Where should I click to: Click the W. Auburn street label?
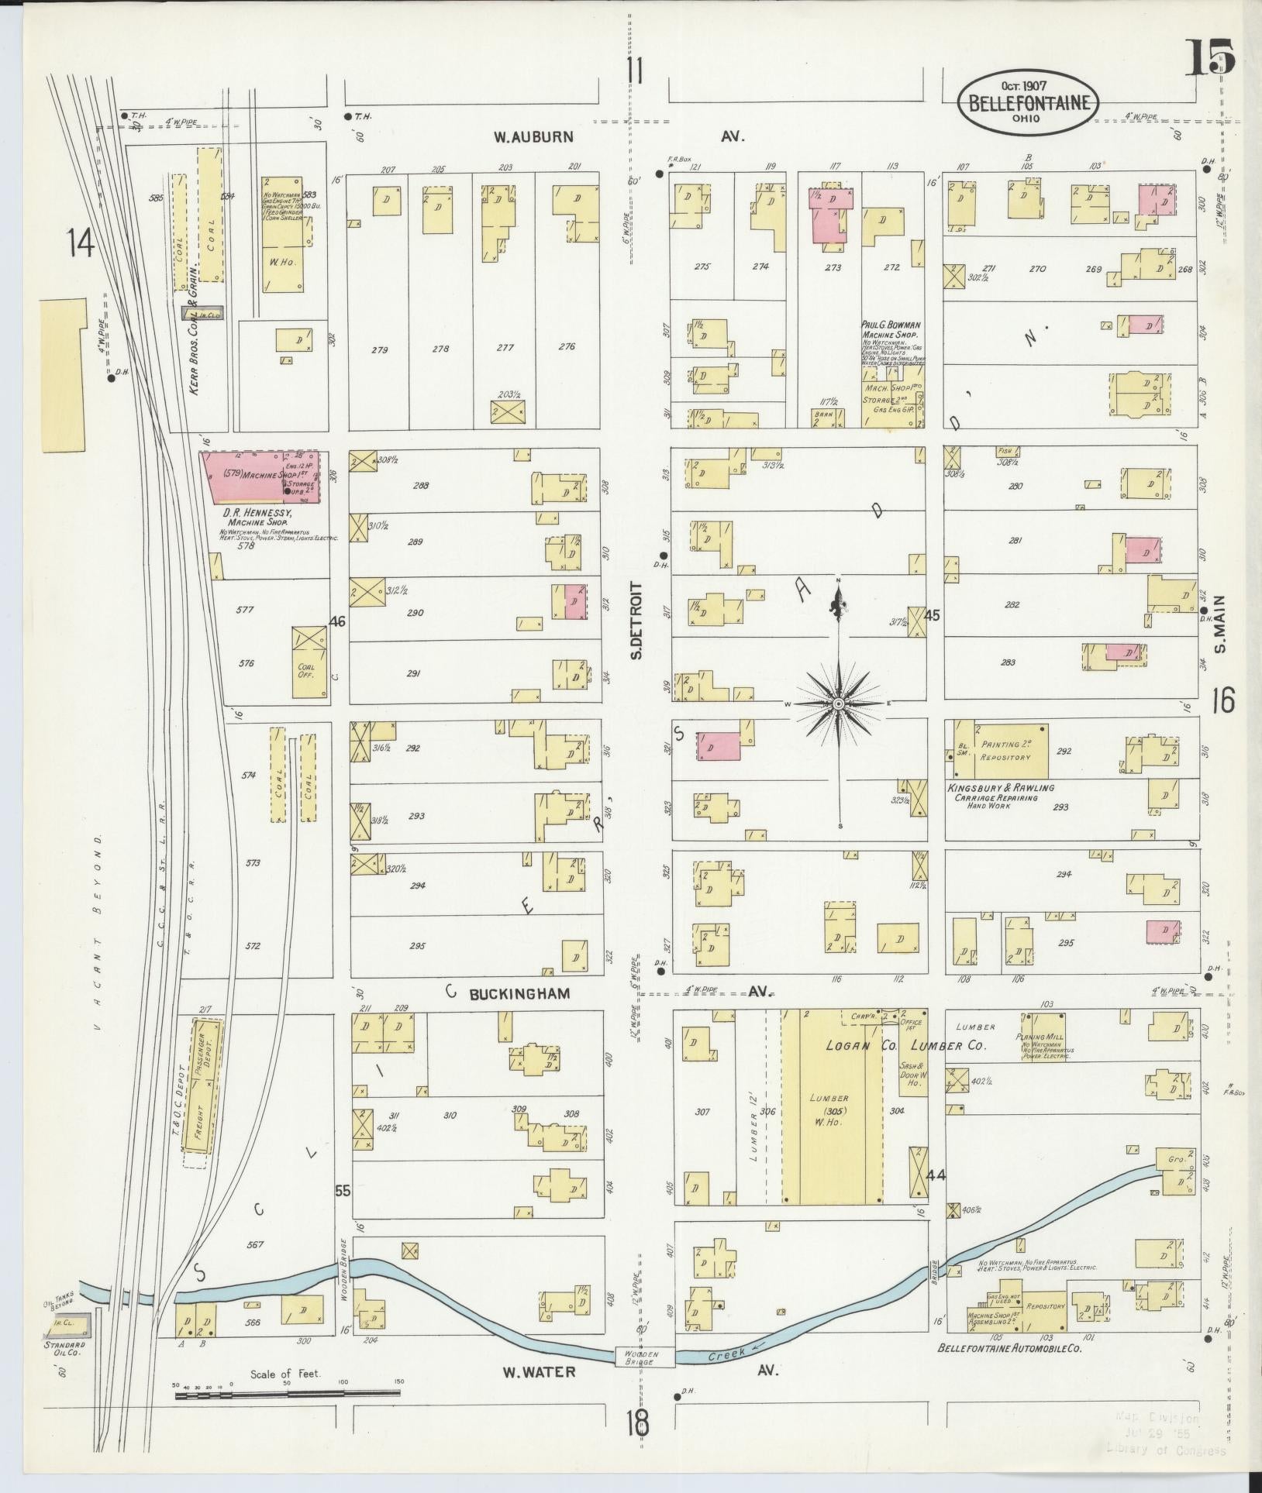534,137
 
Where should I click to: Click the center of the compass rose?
839,703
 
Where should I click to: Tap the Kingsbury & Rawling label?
1001,788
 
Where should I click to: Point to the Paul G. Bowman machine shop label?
891,329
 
